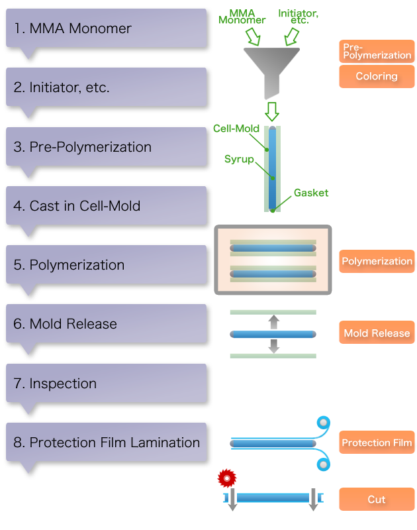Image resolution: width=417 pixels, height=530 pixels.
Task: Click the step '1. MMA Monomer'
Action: point(73,28)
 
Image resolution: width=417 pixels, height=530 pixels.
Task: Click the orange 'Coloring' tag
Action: point(377,76)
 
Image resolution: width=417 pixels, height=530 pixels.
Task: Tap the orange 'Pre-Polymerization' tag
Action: point(377,51)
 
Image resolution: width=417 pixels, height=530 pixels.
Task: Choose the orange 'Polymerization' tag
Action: point(377,262)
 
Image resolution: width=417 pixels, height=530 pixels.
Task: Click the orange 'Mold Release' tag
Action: point(377,333)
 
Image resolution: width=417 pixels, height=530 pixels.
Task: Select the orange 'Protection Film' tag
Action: point(377,443)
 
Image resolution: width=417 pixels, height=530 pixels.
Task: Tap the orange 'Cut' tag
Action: point(377,500)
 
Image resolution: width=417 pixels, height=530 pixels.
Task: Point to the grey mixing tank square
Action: point(270,74)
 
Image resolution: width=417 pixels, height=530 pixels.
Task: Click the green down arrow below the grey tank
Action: point(271,111)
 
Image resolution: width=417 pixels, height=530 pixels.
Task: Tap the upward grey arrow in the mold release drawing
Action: point(273,322)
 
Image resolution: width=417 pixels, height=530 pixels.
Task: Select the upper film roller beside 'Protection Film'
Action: point(322,423)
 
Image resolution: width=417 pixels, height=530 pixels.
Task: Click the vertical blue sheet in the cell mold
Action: point(272,167)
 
